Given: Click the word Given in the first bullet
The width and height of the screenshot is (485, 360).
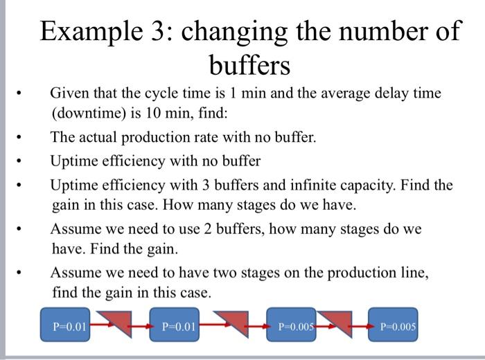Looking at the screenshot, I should (x=69, y=93).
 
